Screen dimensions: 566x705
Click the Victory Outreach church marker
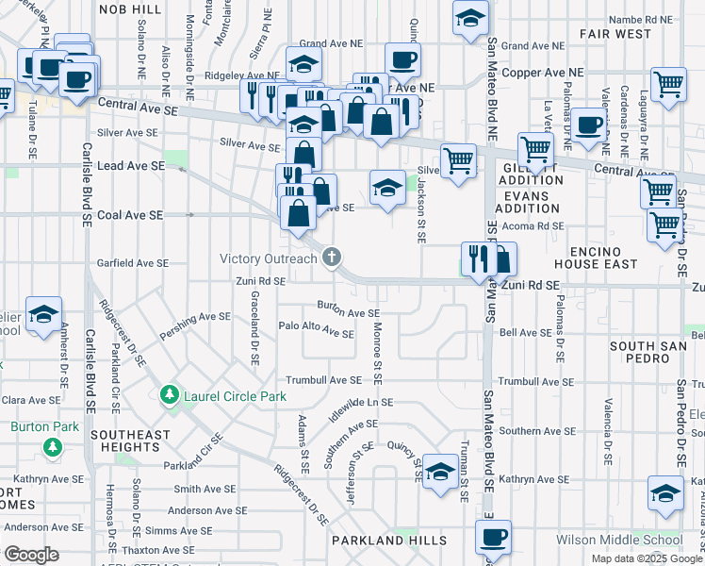pyautogui.click(x=332, y=258)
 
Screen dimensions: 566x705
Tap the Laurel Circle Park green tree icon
pyautogui.click(x=170, y=393)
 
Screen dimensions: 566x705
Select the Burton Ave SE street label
pyautogui.click(x=348, y=311)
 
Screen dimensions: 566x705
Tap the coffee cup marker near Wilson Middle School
pyautogui.click(x=493, y=538)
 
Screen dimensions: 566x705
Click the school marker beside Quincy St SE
pyautogui.click(x=440, y=470)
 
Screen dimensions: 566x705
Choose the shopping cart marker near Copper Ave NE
pyautogui.click(x=668, y=83)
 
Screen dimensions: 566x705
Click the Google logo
pyautogui.click(x=32, y=555)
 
